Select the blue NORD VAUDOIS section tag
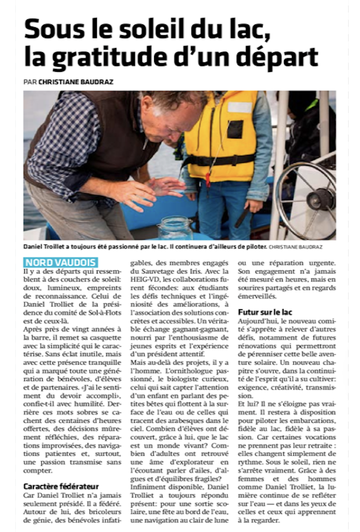tap(61, 262)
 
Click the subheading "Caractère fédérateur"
tap(61, 486)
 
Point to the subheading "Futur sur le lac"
tap(265, 312)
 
